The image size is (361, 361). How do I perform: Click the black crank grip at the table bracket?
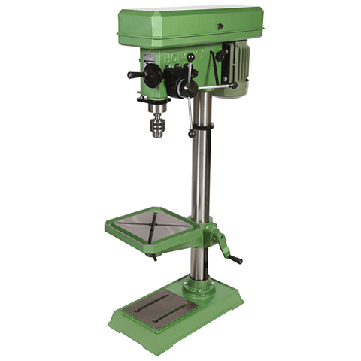(x=235, y=259)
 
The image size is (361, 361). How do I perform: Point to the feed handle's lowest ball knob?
(x=192, y=133)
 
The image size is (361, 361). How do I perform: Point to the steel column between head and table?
(x=200, y=173)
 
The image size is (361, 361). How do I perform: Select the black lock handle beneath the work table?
(x=153, y=256)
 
